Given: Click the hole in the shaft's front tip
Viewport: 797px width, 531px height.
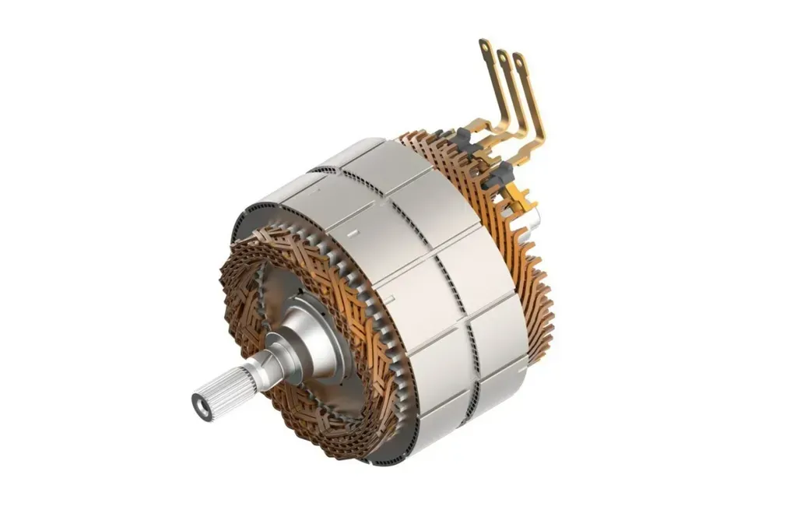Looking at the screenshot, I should click(x=202, y=406).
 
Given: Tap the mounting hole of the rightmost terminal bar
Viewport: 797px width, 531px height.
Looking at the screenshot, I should click(x=518, y=61).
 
